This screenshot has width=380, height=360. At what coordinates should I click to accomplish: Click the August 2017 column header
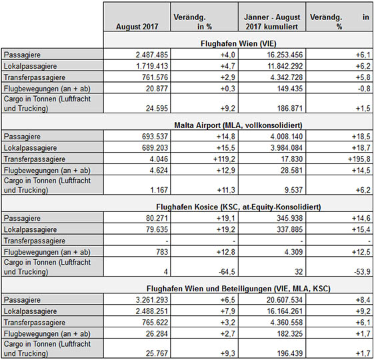point(137,27)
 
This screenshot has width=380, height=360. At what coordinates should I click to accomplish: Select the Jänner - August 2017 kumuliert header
point(272,22)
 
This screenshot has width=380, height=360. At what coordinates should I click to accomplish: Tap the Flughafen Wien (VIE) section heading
point(239,43)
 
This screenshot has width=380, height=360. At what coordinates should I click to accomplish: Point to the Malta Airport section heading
point(238,125)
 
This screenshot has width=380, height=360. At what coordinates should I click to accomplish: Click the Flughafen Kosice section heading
point(239,207)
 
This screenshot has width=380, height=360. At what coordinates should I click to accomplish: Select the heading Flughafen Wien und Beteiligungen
point(239,289)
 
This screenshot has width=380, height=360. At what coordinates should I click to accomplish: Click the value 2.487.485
point(152,55)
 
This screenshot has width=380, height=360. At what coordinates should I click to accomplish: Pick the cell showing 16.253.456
point(285,55)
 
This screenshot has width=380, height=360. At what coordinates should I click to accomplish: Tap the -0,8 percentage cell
point(364,89)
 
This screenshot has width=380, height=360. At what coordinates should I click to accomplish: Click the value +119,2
point(224,159)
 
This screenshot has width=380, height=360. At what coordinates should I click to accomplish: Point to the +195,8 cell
point(359,159)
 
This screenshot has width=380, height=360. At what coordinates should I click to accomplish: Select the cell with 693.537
point(155,137)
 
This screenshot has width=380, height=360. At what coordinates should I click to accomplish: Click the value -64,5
point(227,272)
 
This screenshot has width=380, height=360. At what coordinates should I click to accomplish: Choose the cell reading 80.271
point(157,218)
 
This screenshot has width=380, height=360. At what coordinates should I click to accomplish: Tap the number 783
point(162,252)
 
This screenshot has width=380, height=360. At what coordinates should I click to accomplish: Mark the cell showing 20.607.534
point(285,300)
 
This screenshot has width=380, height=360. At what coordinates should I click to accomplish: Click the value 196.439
point(290,353)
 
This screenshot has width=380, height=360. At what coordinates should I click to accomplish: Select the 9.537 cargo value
point(293,190)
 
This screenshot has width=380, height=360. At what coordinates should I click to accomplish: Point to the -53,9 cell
point(362,272)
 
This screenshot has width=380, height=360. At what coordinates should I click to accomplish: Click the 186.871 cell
point(290,109)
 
